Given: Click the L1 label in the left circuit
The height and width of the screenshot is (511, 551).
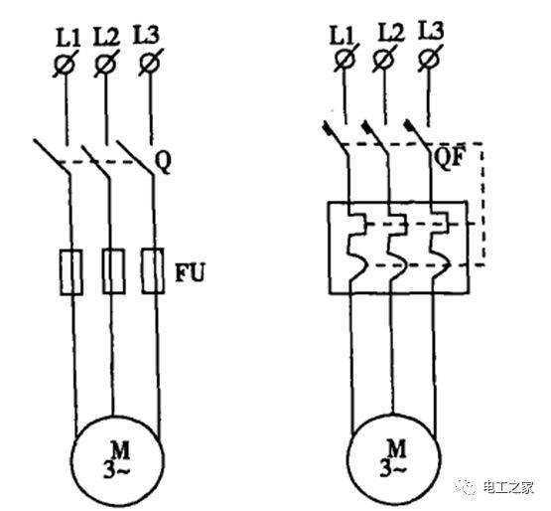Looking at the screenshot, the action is pyautogui.click(x=69, y=39).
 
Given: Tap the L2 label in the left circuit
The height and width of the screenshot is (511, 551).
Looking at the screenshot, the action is pyautogui.click(x=106, y=37).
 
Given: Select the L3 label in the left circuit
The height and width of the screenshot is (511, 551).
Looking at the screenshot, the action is pyautogui.click(x=146, y=35).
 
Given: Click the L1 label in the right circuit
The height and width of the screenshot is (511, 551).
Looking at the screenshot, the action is pyautogui.click(x=342, y=35).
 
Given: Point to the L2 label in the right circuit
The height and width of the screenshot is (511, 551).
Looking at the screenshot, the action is pyautogui.click(x=391, y=33).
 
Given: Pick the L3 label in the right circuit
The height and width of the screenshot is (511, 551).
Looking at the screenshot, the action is pyautogui.click(x=431, y=30).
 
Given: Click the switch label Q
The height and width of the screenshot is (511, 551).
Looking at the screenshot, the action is pyautogui.click(x=164, y=163).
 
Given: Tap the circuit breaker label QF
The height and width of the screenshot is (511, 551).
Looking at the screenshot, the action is pyautogui.click(x=449, y=157).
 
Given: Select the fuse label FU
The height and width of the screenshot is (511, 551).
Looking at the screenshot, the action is pyautogui.click(x=190, y=272).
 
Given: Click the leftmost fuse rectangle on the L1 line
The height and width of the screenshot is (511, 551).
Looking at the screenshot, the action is pyautogui.click(x=71, y=272).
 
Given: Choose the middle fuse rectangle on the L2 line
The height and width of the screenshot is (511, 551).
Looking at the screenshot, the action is pyautogui.click(x=113, y=271).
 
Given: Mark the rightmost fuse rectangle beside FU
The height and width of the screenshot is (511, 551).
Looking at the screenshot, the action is pyautogui.click(x=153, y=270).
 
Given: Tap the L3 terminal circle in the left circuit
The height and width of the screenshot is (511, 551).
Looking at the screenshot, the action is pyautogui.click(x=150, y=64).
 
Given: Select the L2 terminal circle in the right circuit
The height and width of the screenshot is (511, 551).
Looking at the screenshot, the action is pyautogui.click(x=383, y=58).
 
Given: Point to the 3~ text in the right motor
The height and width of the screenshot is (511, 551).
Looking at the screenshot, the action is pyautogui.click(x=392, y=470).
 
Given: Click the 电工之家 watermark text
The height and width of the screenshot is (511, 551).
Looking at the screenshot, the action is pyautogui.click(x=508, y=487).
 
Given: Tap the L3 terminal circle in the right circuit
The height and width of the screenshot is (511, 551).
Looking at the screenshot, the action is pyautogui.click(x=430, y=58).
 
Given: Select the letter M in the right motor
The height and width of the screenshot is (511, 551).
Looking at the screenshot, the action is pyautogui.click(x=396, y=448).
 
